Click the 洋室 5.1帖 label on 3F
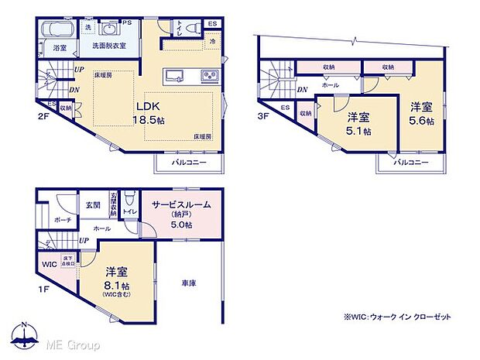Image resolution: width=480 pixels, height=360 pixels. [356, 124]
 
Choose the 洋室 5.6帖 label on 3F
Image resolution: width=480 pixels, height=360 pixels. [421, 115]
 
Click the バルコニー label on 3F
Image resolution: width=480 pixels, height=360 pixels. [410, 163]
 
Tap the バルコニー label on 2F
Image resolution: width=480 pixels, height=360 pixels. [188, 163]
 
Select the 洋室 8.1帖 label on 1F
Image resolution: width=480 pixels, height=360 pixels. [116, 279]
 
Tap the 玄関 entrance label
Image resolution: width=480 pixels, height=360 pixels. [92, 204]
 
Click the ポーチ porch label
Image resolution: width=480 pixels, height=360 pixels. [63, 219]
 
